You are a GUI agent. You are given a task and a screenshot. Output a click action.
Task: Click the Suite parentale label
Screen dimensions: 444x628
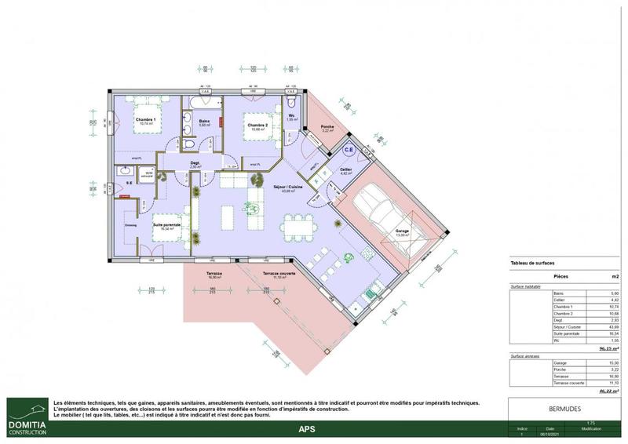point(166,225)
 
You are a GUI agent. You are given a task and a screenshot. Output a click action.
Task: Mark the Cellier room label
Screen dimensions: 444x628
point(345,170)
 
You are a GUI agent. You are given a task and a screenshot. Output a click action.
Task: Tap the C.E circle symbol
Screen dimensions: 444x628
point(349,148)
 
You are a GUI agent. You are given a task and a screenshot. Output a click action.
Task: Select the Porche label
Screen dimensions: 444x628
point(328,127)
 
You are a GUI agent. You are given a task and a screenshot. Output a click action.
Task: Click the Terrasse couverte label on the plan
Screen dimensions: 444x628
point(279,274)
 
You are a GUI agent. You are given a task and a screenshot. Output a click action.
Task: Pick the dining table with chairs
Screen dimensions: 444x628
point(294,227)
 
